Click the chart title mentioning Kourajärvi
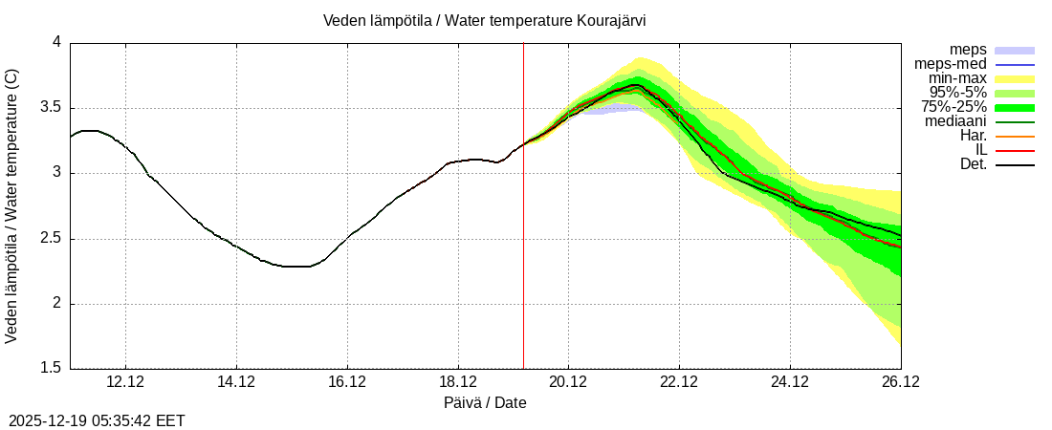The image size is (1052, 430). click(485, 20)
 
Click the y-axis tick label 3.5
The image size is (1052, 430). click(50, 108)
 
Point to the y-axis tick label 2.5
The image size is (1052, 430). click(50, 239)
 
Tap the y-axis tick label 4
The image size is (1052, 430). click(56, 43)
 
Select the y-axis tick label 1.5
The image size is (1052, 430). click(50, 369)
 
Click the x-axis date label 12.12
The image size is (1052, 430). click(125, 382)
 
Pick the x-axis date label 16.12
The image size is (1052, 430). click(347, 382)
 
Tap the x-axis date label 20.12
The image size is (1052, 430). click(568, 382)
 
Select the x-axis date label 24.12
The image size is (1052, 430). click(790, 382)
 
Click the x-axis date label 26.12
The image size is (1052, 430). click(900, 382)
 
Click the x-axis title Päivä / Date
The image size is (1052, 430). click(485, 403)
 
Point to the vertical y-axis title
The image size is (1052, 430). click(12, 205)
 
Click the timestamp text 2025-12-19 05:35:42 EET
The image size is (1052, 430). click(97, 420)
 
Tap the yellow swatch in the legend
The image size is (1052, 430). click(1015, 78)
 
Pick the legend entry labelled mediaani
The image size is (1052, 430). click(955, 121)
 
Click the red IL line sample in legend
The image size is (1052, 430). click(1015, 150)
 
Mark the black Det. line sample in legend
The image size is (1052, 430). click(1015, 164)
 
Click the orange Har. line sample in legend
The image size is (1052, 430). click(1015, 136)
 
